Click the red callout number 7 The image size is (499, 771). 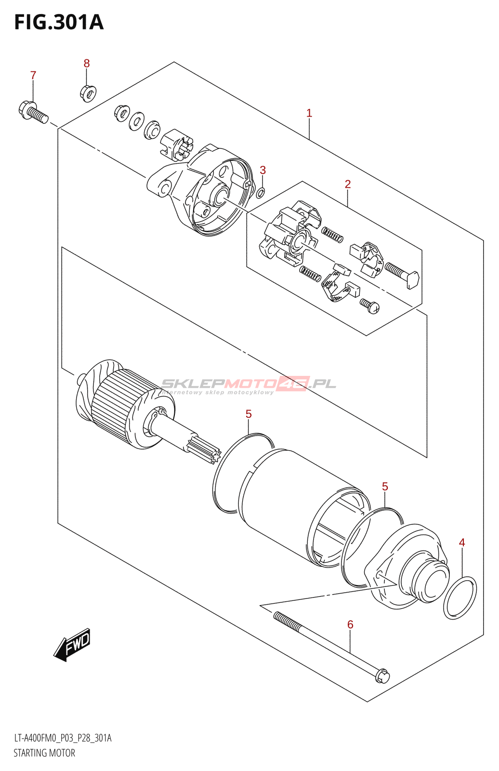click(x=33, y=76)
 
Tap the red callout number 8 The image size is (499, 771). click(x=87, y=64)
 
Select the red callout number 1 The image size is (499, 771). click(x=309, y=113)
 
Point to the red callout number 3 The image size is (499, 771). click(x=263, y=170)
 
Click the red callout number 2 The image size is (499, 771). click(x=348, y=184)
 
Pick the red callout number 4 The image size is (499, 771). click(x=462, y=543)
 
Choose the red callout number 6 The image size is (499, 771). click(x=350, y=625)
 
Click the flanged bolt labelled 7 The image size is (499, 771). click(x=33, y=112)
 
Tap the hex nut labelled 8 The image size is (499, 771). click(x=87, y=92)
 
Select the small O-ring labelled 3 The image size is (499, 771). click(x=261, y=193)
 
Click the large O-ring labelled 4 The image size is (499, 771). click(x=460, y=598)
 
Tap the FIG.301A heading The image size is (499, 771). click(x=59, y=23)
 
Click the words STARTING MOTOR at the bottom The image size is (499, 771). click(x=44, y=753)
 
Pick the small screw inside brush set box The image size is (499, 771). click(x=369, y=305)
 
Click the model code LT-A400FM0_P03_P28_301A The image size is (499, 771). click(x=63, y=738)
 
